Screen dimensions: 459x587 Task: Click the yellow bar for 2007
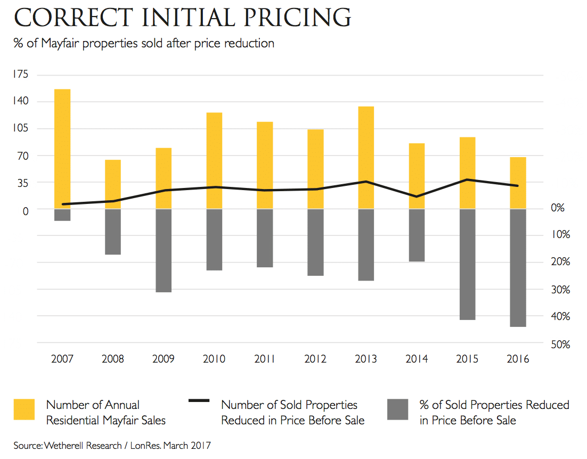click(x=62, y=149)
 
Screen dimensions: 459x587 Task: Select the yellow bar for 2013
click(x=366, y=157)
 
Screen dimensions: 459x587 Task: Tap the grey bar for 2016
click(x=518, y=268)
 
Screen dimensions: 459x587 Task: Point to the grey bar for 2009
click(x=164, y=250)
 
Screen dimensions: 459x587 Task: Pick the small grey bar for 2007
click(x=62, y=215)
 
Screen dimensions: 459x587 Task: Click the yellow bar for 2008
click(x=113, y=184)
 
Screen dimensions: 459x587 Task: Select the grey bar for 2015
click(x=467, y=264)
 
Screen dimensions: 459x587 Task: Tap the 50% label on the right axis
click(x=561, y=344)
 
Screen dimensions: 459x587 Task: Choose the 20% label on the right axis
click(x=561, y=261)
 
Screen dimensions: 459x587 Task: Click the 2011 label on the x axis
click(x=265, y=358)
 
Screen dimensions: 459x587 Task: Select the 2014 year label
click(x=417, y=358)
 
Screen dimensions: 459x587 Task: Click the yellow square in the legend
click(x=24, y=409)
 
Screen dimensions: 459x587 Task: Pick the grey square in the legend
click(x=398, y=409)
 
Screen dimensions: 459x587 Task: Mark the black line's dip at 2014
click(x=417, y=196)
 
